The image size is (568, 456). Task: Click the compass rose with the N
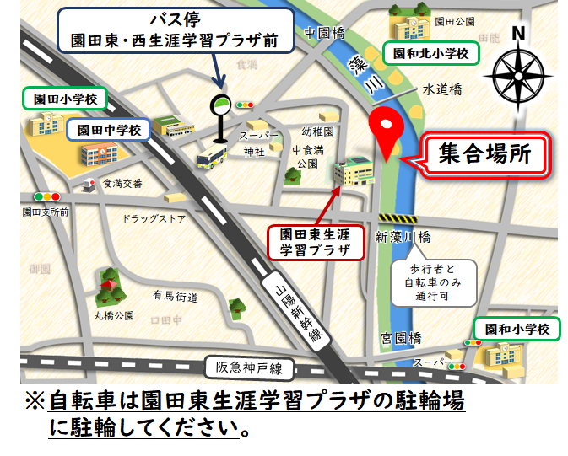pos(517,68)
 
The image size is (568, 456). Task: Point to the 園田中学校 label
pos(109,130)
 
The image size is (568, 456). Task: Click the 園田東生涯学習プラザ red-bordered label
pos(314,242)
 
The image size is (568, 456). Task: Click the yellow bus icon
pos(211,158)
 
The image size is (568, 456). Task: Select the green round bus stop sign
pos(219,105)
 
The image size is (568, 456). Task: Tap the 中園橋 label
pos(325,32)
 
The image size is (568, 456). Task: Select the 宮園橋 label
pos(400,339)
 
